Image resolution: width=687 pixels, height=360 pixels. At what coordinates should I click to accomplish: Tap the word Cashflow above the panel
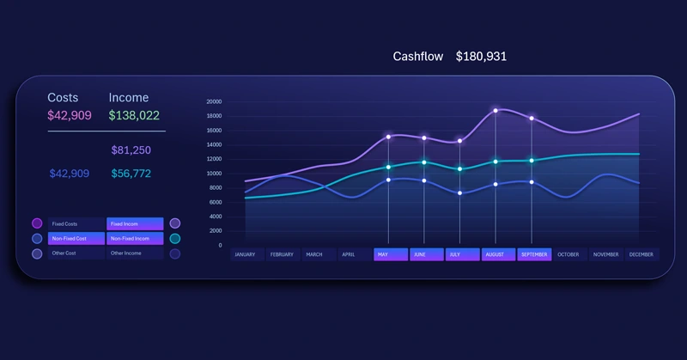tap(418, 57)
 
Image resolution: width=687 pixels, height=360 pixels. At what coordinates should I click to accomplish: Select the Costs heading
tap(63, 98)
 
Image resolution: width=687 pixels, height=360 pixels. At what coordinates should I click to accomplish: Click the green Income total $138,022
tap(134, 115)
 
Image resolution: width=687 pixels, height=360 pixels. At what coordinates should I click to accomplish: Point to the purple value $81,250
tap(131, 150)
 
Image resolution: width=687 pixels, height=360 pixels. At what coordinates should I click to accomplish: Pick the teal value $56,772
tap(131, 174)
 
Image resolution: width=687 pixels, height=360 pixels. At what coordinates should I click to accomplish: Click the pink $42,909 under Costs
tap(70, 115)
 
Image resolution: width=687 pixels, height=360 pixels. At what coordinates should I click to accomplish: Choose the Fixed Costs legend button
tap(76, 223)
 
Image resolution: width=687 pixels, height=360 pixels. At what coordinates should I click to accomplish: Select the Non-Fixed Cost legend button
tap(76, 238)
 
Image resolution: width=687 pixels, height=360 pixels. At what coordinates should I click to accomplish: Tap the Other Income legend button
tap(135, 253)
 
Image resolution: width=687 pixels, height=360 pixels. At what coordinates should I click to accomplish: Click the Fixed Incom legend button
tap(135, 223)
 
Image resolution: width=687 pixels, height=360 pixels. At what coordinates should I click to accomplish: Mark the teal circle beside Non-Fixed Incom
tap(175, 239)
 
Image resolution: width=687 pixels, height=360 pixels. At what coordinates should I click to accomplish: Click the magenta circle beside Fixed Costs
tap(37, 223)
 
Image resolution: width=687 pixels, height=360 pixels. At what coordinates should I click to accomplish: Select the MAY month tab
tap(389, 254)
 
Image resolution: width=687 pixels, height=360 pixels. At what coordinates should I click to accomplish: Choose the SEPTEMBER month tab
tap(533, 254)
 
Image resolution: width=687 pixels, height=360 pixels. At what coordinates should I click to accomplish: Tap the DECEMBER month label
tap(641, 254)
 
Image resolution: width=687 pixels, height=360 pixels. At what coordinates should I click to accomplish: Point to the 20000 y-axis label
tap(214, 101)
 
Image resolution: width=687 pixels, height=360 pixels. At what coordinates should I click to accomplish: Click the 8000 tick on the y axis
tap(216, 187)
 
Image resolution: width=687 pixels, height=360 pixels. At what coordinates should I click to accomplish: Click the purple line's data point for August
tap(495, 111)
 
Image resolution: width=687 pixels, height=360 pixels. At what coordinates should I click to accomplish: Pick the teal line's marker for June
tap(424, 162)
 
